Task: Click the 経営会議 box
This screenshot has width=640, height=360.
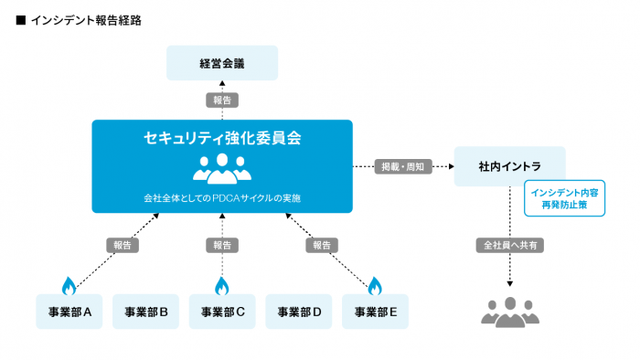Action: coord(222,63)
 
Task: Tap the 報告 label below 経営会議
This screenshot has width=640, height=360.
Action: coord(222,100)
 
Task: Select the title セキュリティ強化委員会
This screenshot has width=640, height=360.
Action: coord(222,139)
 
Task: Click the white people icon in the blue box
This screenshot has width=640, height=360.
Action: coord(222,167)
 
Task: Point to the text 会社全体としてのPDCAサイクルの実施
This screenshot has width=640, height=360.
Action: coord(222,197)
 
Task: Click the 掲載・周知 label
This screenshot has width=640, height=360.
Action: coord(403,166)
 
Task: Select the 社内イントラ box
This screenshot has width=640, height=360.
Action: coord(509,166)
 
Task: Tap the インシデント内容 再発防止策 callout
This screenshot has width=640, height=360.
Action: coord(564,198)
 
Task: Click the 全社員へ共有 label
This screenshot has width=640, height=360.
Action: coord(509,246)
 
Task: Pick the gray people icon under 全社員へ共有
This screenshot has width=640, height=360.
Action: coord(509,312)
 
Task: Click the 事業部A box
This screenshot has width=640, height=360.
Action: coord(69,312)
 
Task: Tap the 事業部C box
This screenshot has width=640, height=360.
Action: coord(222,312)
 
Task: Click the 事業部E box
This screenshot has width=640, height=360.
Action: coord(375,312)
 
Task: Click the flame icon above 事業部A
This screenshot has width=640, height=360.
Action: coord(68,284)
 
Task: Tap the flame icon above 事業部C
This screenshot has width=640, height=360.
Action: coord(221,284)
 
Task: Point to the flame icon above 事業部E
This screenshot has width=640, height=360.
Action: coord(374,284)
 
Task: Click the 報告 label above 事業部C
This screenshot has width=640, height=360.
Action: coord(222,246)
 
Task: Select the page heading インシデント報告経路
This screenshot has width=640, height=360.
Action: coord(86,19)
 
